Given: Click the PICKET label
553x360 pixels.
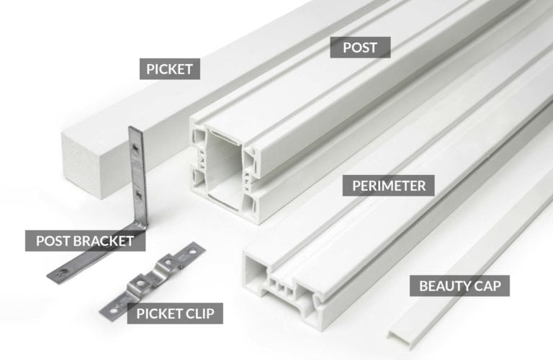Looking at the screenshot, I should tap(170, 69).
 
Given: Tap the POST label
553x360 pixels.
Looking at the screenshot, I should tap(359, 48).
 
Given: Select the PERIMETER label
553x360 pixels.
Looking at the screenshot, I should tap(389, 185).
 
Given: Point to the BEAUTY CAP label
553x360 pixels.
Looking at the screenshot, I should tap(464, 286).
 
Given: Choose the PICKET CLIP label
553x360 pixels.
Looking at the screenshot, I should tap(175, 313).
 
